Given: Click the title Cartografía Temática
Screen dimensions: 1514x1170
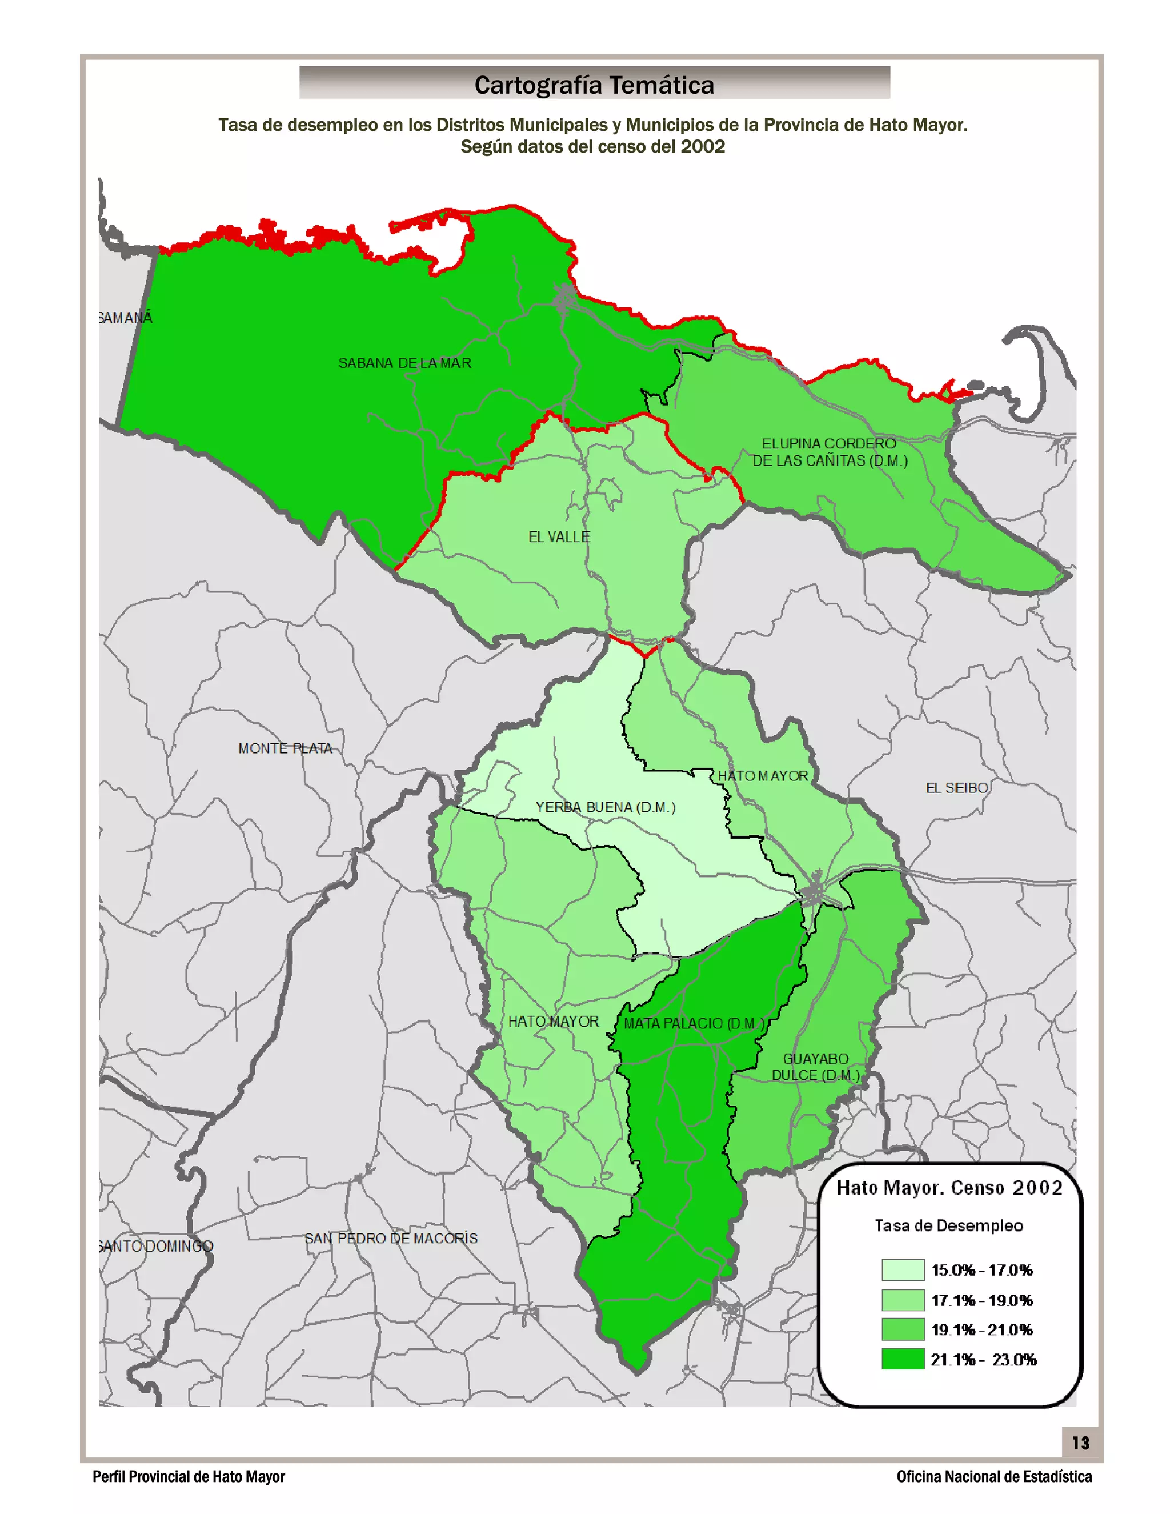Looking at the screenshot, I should coord(594,85).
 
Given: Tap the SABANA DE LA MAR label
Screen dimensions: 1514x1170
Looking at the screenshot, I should coord(405,363).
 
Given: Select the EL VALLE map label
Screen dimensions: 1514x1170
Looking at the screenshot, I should coord(559,537).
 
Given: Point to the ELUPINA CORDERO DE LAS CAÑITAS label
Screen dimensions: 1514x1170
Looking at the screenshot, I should coord(829,452).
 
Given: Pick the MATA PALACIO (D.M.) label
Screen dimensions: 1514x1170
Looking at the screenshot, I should coord(693,1023).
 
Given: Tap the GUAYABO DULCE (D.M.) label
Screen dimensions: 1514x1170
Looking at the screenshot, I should coord(816,1067).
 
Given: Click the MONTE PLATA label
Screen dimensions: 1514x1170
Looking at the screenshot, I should coord(285,748).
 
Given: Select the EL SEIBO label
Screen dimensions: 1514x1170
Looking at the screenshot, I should coord(956,788).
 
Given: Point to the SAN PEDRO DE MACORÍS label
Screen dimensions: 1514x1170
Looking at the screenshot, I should coord(391,1239).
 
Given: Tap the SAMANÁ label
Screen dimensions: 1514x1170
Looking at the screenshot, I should coord(126,318).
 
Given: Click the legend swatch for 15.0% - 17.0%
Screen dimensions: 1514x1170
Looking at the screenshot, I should coord(903,1270).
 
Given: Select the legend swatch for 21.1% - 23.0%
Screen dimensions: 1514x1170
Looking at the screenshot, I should coord(903,1359).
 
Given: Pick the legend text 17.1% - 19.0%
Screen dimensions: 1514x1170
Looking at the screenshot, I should coord(981,1300).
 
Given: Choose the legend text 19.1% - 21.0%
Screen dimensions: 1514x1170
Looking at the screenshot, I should coord(981,1330).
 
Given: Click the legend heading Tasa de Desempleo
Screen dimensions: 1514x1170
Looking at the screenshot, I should coord(948,1225).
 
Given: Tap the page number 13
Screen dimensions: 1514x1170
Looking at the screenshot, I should coord(1080,1443).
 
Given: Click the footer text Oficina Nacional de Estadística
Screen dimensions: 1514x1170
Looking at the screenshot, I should coord(994,1477).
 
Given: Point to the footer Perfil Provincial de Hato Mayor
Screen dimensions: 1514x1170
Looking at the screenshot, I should coord(189,1477).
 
